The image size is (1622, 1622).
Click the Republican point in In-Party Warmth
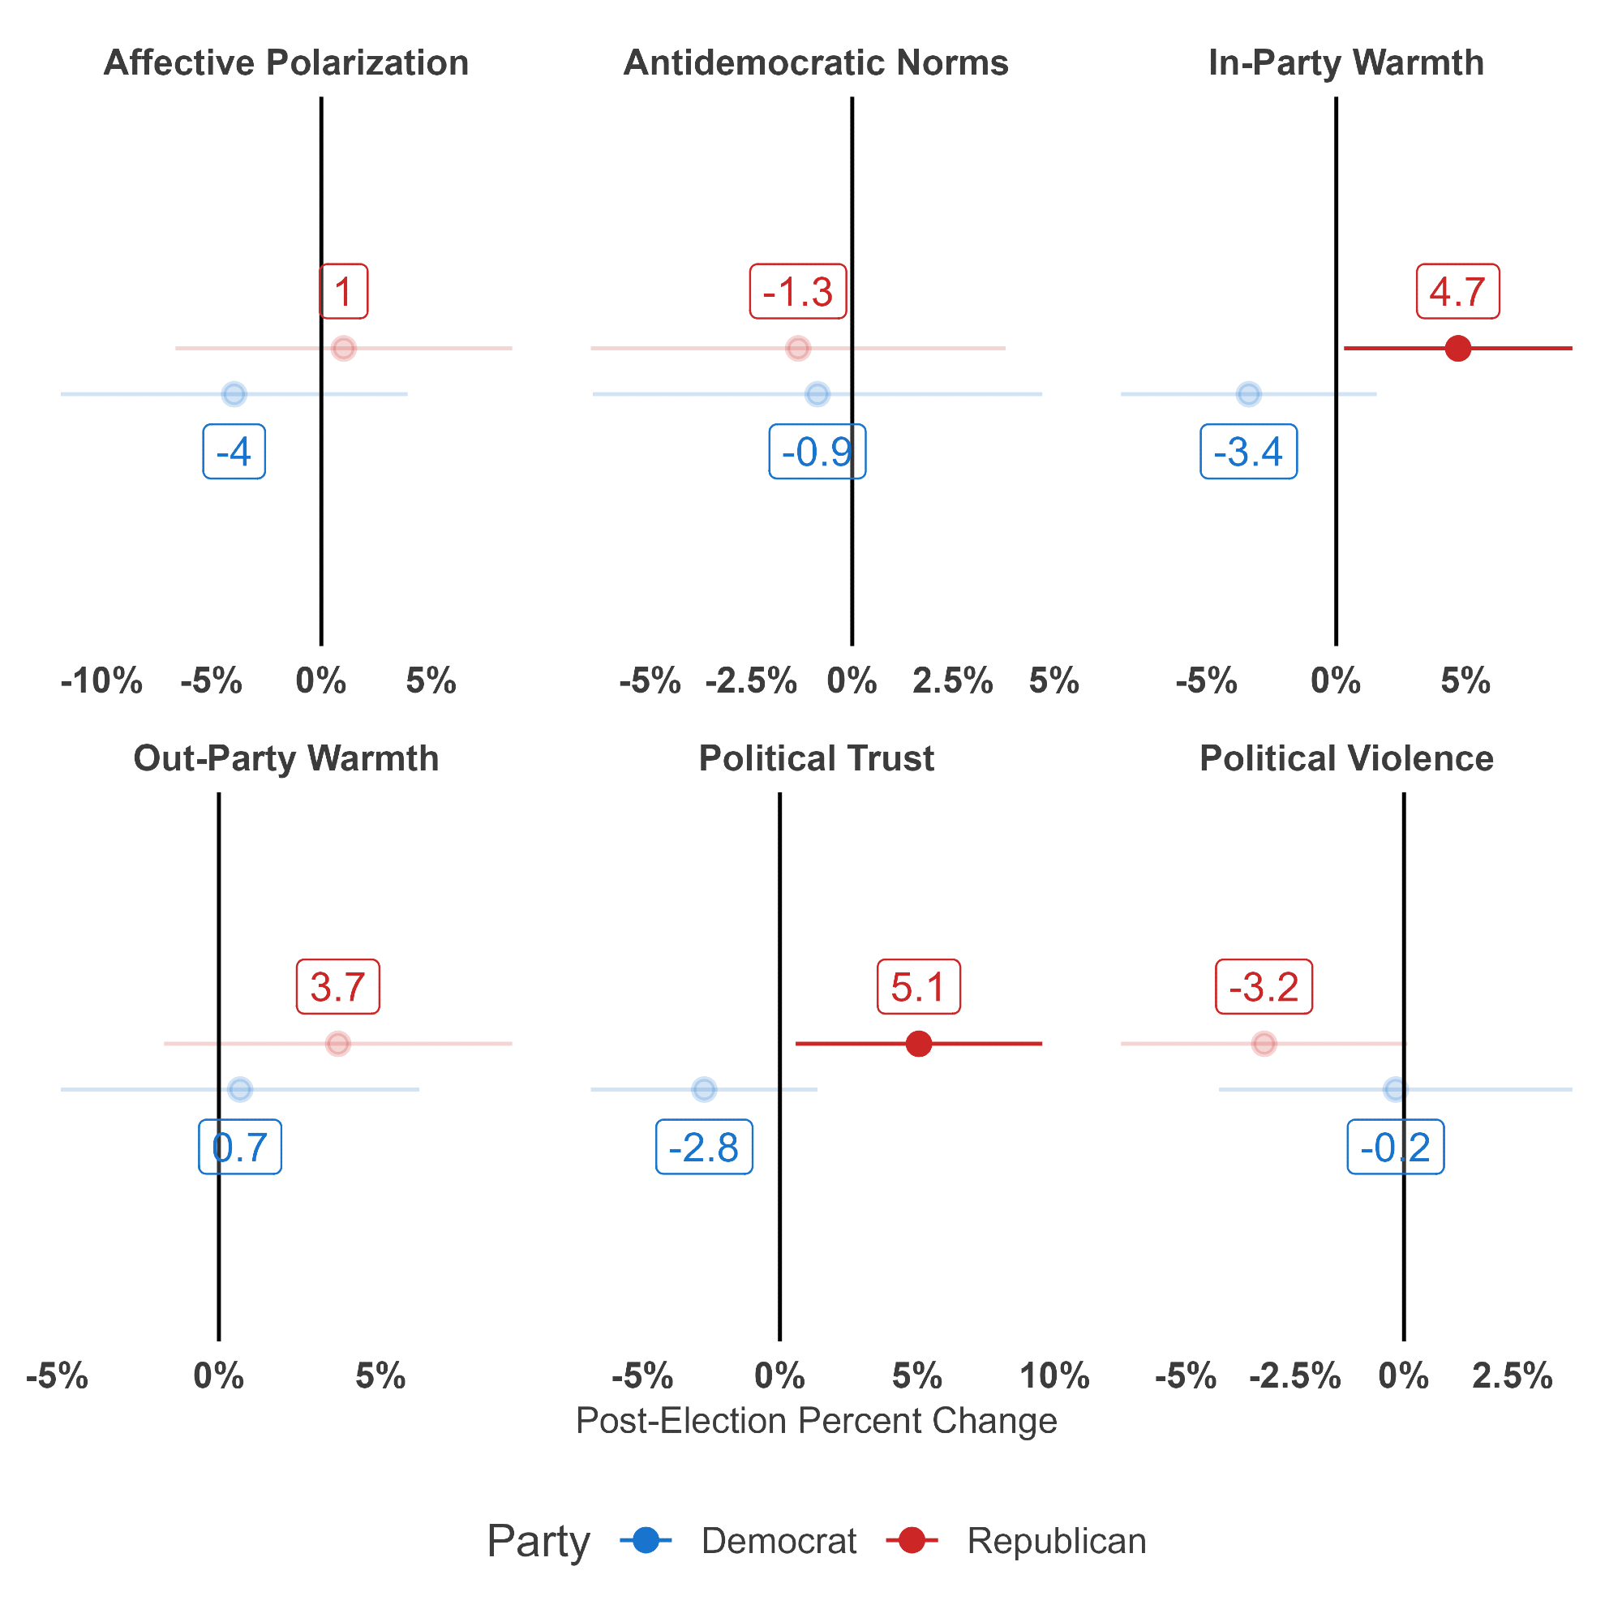[1458, 348]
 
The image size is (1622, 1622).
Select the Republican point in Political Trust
[920, 1044]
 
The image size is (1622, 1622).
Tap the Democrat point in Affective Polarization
[234, 394]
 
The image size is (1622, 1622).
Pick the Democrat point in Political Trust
[705, 1090]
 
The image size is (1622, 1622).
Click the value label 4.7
[1458, 292]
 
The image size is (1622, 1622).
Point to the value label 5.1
[919, 986]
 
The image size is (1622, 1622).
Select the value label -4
[234, 453]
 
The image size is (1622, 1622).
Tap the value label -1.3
[797, 292]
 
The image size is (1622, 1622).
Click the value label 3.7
[337, 986]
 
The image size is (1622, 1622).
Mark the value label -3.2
[1264, 986]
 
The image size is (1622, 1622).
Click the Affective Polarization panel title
[286, 63]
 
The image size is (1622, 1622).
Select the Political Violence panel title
[1346, 759]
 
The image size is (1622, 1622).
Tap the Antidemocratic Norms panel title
[816, 63]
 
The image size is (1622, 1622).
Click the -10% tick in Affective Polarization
[101, 682]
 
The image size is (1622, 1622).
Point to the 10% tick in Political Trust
[1055, 1377]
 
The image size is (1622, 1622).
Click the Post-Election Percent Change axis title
[816, 1422]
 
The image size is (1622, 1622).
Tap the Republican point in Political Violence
[1264, 1044]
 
